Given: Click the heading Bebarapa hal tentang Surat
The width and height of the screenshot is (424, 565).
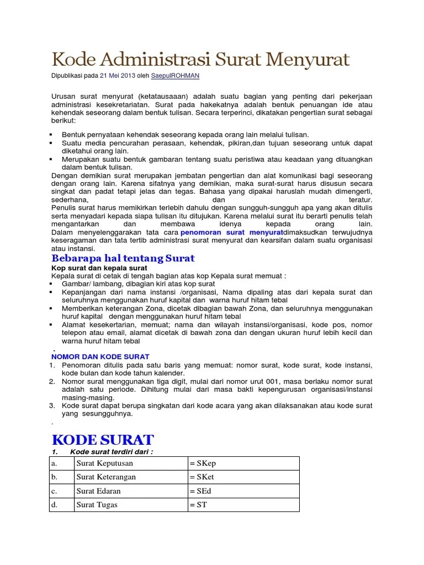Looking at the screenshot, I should coord(123,258).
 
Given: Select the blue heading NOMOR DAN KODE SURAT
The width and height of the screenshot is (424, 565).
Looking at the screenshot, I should coord(100,357).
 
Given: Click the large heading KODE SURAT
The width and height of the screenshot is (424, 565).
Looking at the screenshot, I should coord(102,440).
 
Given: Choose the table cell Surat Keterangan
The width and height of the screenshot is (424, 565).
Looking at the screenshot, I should coord(105,477).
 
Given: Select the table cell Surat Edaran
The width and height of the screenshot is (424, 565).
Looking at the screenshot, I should coord(98,491).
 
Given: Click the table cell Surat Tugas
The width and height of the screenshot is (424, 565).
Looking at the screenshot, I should coord(97,504).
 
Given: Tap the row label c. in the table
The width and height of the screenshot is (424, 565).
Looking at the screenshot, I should coord(54,491).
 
